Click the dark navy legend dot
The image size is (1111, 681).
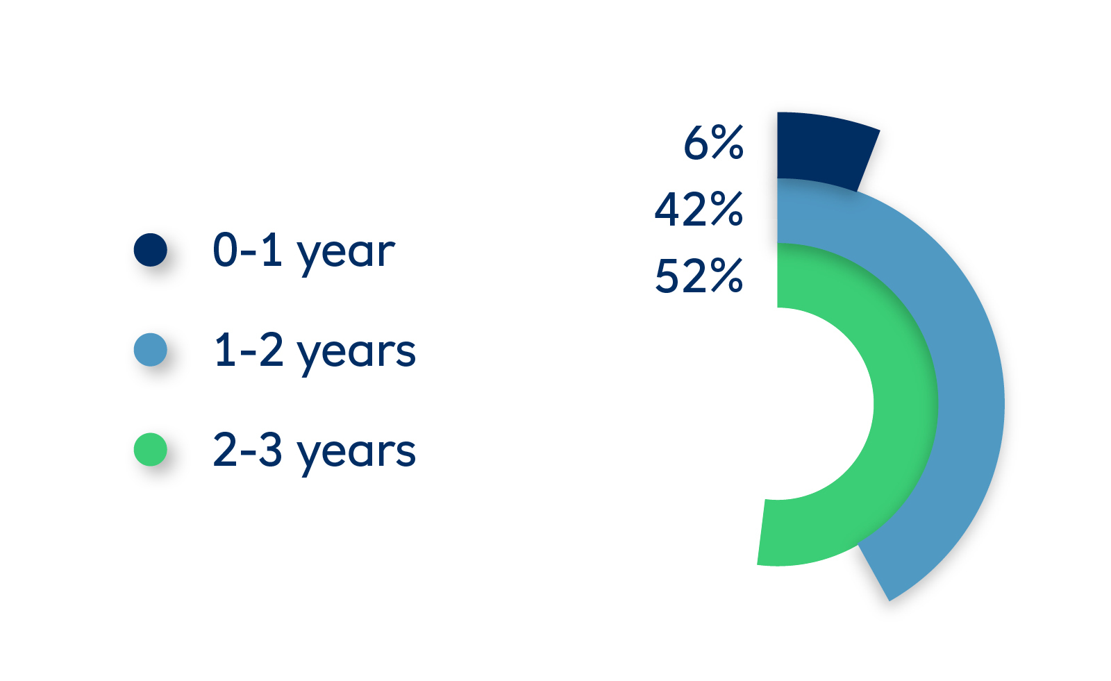150,250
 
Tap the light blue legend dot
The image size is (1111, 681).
150,350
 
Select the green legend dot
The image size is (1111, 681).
150,449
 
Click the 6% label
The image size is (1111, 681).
713,143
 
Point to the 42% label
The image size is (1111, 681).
699,210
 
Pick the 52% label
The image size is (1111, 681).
699,276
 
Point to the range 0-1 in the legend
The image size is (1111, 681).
247,250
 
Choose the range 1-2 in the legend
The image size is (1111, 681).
249,350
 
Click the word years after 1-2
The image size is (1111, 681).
356,354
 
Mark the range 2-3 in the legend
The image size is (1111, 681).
247,449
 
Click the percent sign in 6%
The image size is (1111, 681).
727,143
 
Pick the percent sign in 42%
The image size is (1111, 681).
727,210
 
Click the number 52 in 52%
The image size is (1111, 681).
681,276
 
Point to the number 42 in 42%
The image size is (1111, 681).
681,210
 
